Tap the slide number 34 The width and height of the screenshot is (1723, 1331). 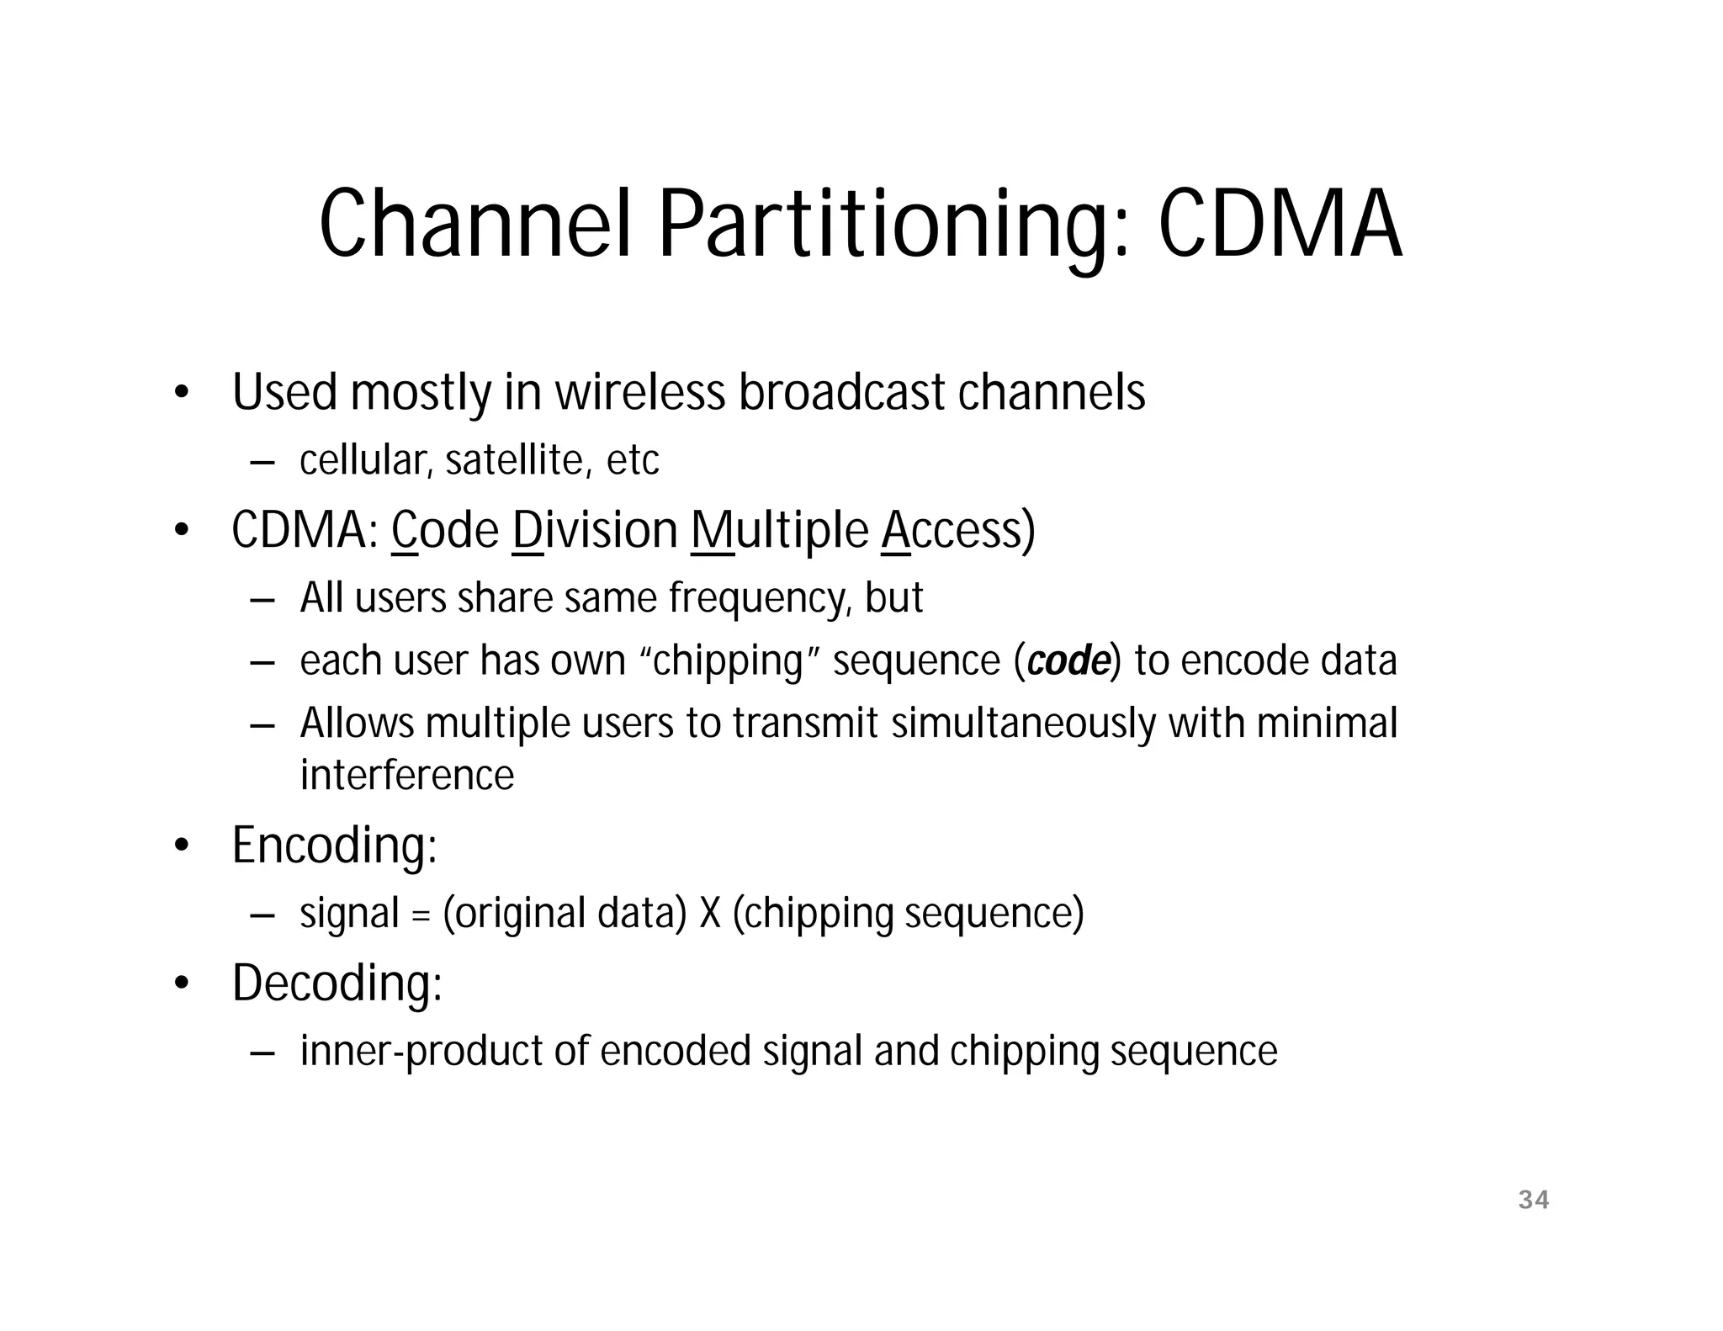[x=1533, y=1200]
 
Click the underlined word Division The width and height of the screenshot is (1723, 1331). [x=595, y=531]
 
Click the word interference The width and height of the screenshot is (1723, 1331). [x=406, y=775]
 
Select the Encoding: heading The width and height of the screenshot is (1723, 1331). [x=334, y=845]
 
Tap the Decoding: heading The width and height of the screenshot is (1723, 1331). [x=337, y=983]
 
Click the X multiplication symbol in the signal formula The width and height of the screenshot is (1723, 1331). [x=709, y=914]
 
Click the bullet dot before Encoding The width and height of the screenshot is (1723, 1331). [x=180, y=846]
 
